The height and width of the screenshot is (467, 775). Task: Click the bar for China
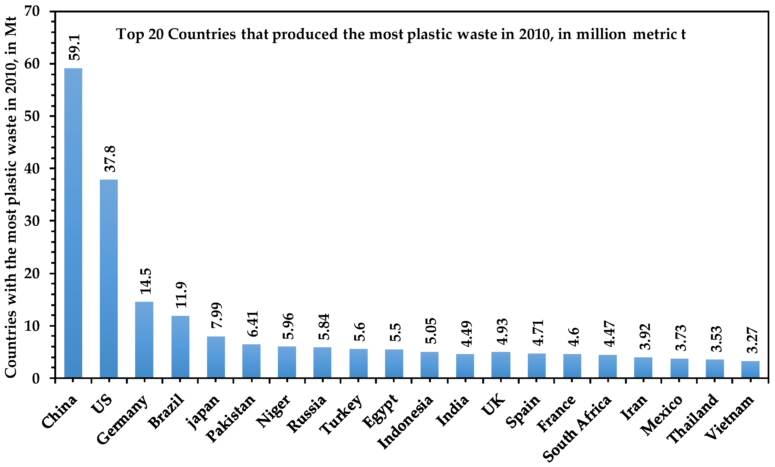tap(73, 223)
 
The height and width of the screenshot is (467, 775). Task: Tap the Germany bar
tap(144, 339)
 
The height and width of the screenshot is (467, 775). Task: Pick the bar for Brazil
tap(180, 346)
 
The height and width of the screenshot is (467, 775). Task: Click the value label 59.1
tap(75, 47)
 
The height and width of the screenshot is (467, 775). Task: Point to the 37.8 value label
tap(110, 159)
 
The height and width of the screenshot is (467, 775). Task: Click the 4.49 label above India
tap(466, 334)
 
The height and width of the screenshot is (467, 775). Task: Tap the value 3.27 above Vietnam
tap(752, 340)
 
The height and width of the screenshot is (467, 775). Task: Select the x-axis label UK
tap(493, 405)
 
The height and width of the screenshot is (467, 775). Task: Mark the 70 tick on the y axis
tap(32, 12)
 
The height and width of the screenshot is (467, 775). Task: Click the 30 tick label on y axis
tap(32, 221)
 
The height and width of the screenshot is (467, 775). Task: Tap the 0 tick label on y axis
tap(36, 378)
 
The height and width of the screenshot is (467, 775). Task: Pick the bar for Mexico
tap(679, 368)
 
